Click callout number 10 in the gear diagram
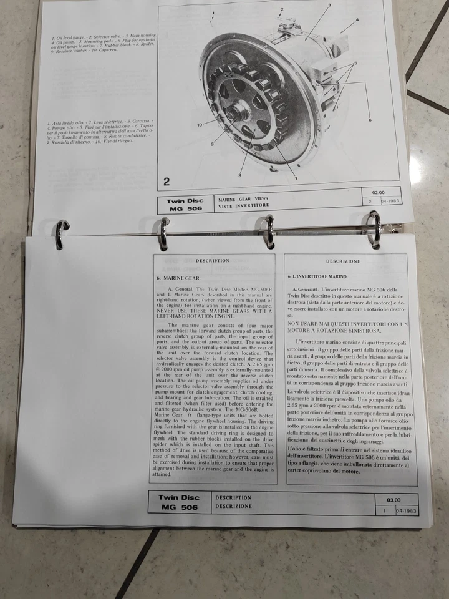coord(200,125)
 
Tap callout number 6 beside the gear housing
coord(370,120)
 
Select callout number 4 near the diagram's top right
coord(357,20)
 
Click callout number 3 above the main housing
coord(329,5)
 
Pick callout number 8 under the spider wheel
coord(240,177)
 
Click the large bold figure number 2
coord(167,182)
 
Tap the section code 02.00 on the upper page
coord(379,193)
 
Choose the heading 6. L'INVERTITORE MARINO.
coord(318,275)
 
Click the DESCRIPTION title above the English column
coord(212,261)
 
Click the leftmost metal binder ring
coord(60,235)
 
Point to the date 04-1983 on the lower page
coord(406,511)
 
